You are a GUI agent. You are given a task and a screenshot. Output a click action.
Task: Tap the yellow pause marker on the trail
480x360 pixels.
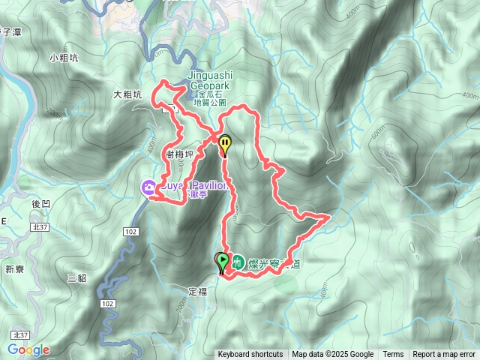tap(224, 142)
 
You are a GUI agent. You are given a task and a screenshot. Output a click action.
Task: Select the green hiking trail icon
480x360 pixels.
tap(238, 262)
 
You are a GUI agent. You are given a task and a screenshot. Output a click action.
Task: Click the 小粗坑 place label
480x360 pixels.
tap(64, 58)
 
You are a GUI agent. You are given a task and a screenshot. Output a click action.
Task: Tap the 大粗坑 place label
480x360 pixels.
tap(127, 95)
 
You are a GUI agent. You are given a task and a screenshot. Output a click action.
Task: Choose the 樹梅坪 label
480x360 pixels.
tap(179, 154)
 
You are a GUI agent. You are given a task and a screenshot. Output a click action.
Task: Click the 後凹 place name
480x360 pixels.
tap(40, 204)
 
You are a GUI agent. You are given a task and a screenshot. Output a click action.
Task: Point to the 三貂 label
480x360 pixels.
tap(76, 277)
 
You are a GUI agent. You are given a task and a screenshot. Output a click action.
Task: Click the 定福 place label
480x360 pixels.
tap(196, 290)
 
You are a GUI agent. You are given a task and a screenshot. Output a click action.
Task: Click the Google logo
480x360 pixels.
tap(28, 350)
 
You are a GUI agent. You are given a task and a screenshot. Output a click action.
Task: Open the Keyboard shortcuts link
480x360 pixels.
tap(250, 355)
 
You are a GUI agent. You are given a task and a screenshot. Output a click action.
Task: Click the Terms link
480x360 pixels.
tap(393, 355)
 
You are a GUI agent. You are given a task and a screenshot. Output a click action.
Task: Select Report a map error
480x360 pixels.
tap(444, 355)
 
